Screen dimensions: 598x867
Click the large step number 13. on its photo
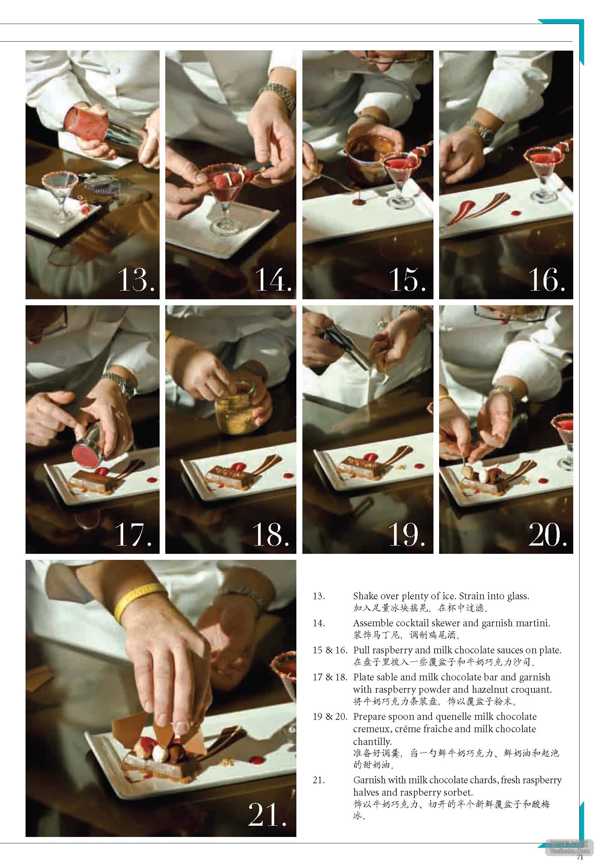pyautogui.click(x=136, y=279)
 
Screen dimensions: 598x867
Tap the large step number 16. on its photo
pyautogui.click(x=547, y=279)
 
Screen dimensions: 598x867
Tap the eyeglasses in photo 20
pyautogui.click(x=509, y=312)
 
